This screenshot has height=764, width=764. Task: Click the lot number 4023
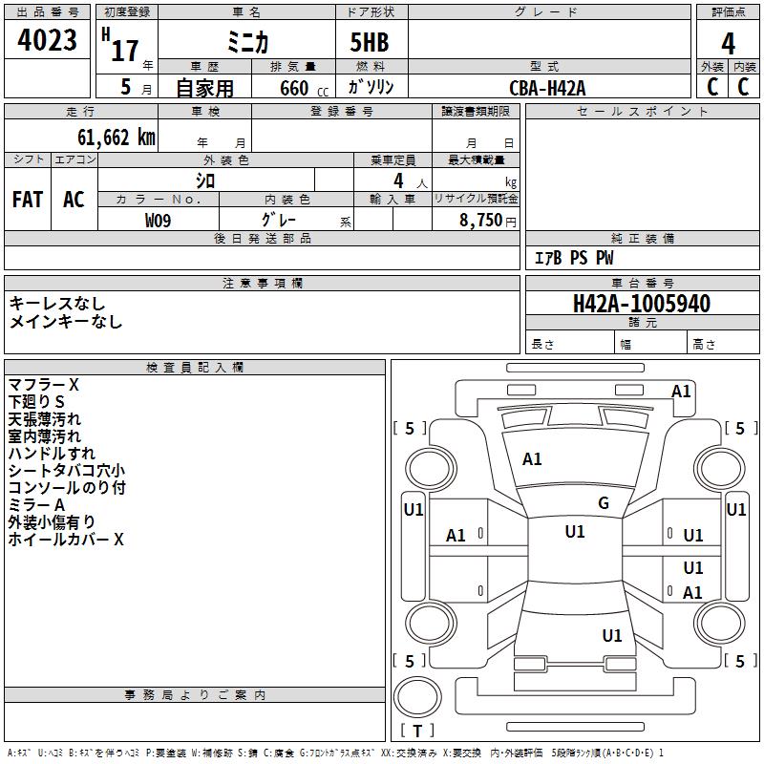pos(47,39)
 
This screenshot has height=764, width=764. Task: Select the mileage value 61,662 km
pos(117,138)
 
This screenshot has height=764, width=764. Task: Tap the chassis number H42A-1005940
pos(642,304)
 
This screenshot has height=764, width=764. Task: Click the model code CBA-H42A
pos(547,88)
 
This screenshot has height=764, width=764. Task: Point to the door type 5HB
pos(370,42)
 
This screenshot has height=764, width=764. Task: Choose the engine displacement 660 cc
pos(304,89)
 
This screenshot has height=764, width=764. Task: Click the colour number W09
pos(158,221)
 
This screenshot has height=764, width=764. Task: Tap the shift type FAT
pos(28,200)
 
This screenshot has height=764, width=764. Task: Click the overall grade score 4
pos(728,43)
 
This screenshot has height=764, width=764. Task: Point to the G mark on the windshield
pos(604,503)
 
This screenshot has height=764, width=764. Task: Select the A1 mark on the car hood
pos(532,459)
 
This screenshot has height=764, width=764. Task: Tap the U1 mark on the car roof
pos(575,532)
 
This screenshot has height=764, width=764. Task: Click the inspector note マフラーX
pos(43,385)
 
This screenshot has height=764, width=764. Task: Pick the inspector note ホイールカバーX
pos(66,540)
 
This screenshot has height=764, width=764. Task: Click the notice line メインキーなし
pos(66,322)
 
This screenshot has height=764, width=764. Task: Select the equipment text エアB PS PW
pos(574,258)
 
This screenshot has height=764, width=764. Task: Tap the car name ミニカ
pos(247,43)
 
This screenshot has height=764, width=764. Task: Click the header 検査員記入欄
pos(195,368)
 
